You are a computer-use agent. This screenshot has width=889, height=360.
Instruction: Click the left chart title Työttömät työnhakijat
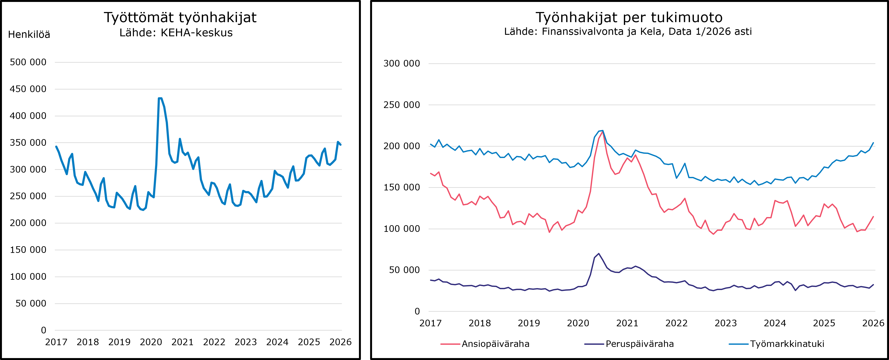[180, 17]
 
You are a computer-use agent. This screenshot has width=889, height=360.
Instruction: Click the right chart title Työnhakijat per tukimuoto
[629, 17]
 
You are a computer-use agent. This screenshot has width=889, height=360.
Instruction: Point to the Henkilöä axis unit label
[29, 35]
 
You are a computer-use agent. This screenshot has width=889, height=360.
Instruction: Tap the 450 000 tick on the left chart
[28, 89]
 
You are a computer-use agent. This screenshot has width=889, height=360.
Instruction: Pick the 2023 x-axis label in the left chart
[246, 342]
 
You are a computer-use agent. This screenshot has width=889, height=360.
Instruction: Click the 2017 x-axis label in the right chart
[430, 323]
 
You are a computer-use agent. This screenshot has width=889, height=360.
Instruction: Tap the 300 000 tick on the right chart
[402, 64]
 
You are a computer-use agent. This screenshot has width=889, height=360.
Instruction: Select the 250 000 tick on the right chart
[402, 105]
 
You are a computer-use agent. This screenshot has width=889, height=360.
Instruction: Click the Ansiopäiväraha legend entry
[495, 344]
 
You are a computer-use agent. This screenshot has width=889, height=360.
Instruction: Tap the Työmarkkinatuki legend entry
[787, 344]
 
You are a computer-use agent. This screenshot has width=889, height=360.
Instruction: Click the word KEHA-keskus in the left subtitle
[197, 33]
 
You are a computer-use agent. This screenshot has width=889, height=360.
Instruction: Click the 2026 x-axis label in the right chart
[873, 323]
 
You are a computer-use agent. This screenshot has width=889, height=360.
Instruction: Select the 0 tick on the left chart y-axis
[44, 330]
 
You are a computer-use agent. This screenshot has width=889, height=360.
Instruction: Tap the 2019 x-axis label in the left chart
[119, 342]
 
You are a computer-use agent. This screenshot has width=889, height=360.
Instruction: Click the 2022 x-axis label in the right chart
[676, 323]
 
